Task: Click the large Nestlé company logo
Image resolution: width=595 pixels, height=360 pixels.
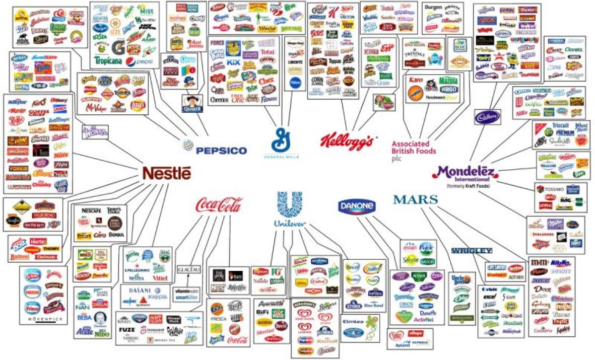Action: pyautogui.click(x=167, y=173)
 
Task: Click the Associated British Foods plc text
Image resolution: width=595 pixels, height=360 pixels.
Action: pyautogui.click(x=414, y=148)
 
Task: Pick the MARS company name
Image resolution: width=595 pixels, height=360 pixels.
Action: pyautogui.click(x=415, y=199)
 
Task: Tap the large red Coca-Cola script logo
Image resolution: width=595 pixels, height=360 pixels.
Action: pyautogui.click(x=219, y=205)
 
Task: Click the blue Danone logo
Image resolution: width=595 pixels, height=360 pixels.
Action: pyautogui.click(x=357, y=206)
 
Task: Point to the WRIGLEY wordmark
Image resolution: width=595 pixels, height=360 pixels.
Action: pyautogui.click(x=471, y=250)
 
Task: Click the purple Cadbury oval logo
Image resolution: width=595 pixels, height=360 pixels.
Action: pyautogui.click(x=487, y=117)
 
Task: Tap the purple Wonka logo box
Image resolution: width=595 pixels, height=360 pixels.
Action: pyautogui.click(x=95, y=131)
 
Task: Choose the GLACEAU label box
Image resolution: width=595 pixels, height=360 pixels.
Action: pyautogui.click(x=189, y=270)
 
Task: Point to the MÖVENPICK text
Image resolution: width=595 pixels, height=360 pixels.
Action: pyautogui.click(x=46, y=319)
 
